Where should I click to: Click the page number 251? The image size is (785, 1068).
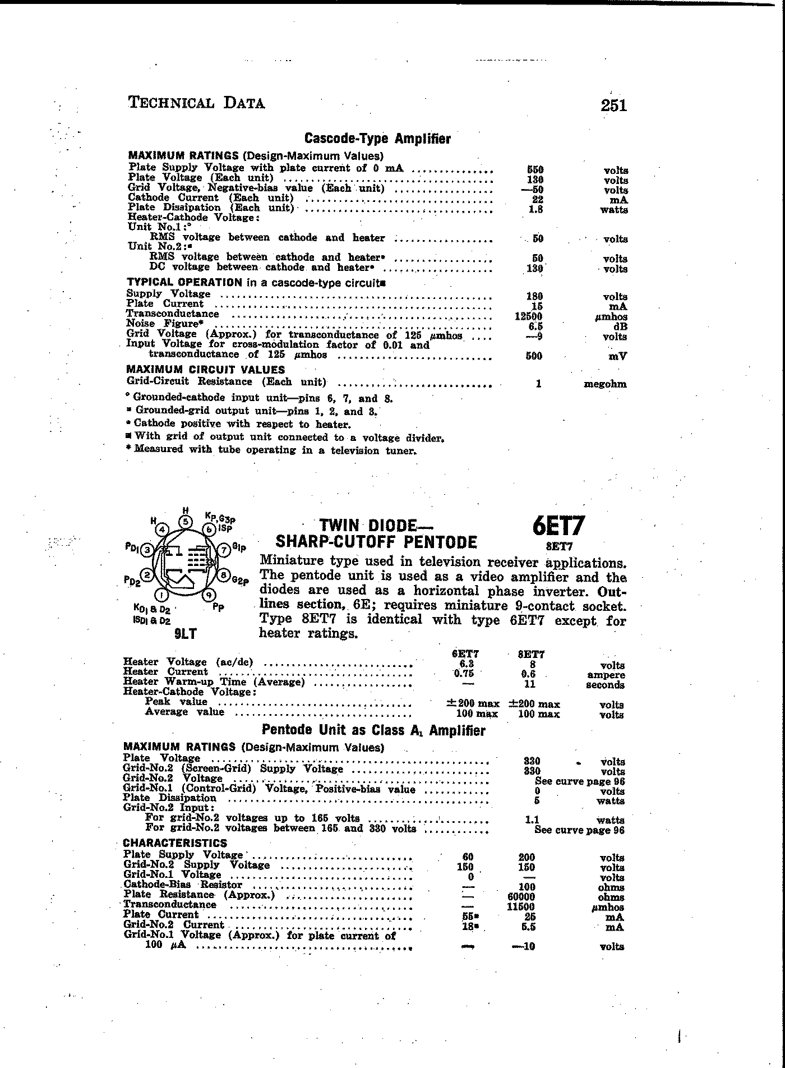(x=613, y=105)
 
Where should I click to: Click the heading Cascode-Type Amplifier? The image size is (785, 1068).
(x=377, y=139)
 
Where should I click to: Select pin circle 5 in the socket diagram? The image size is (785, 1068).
(x=186, y=521)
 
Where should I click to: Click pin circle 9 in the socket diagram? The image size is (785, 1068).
(x=209, y=595)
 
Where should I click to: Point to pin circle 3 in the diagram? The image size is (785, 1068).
(x=147, y=550)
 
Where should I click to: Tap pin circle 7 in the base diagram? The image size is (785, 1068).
(x=223, y=550)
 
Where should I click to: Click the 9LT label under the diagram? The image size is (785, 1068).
(x=185, y=634)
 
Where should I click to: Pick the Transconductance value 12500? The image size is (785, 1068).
(x=528, y=316)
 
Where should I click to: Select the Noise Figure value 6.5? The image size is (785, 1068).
(x=535, y=326)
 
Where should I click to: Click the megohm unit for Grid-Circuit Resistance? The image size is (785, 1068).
(x=605, y=384)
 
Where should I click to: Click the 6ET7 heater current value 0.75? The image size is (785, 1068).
(x=464, y=674)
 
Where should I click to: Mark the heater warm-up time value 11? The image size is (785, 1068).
(x=530, y=684)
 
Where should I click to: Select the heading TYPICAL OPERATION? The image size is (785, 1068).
(x=184, y=283)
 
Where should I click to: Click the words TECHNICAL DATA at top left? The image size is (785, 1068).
(x=197, y=103)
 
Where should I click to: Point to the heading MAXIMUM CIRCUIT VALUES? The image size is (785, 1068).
(x=205, y=370)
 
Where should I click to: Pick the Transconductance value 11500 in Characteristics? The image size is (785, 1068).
(x=521, y=906)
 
